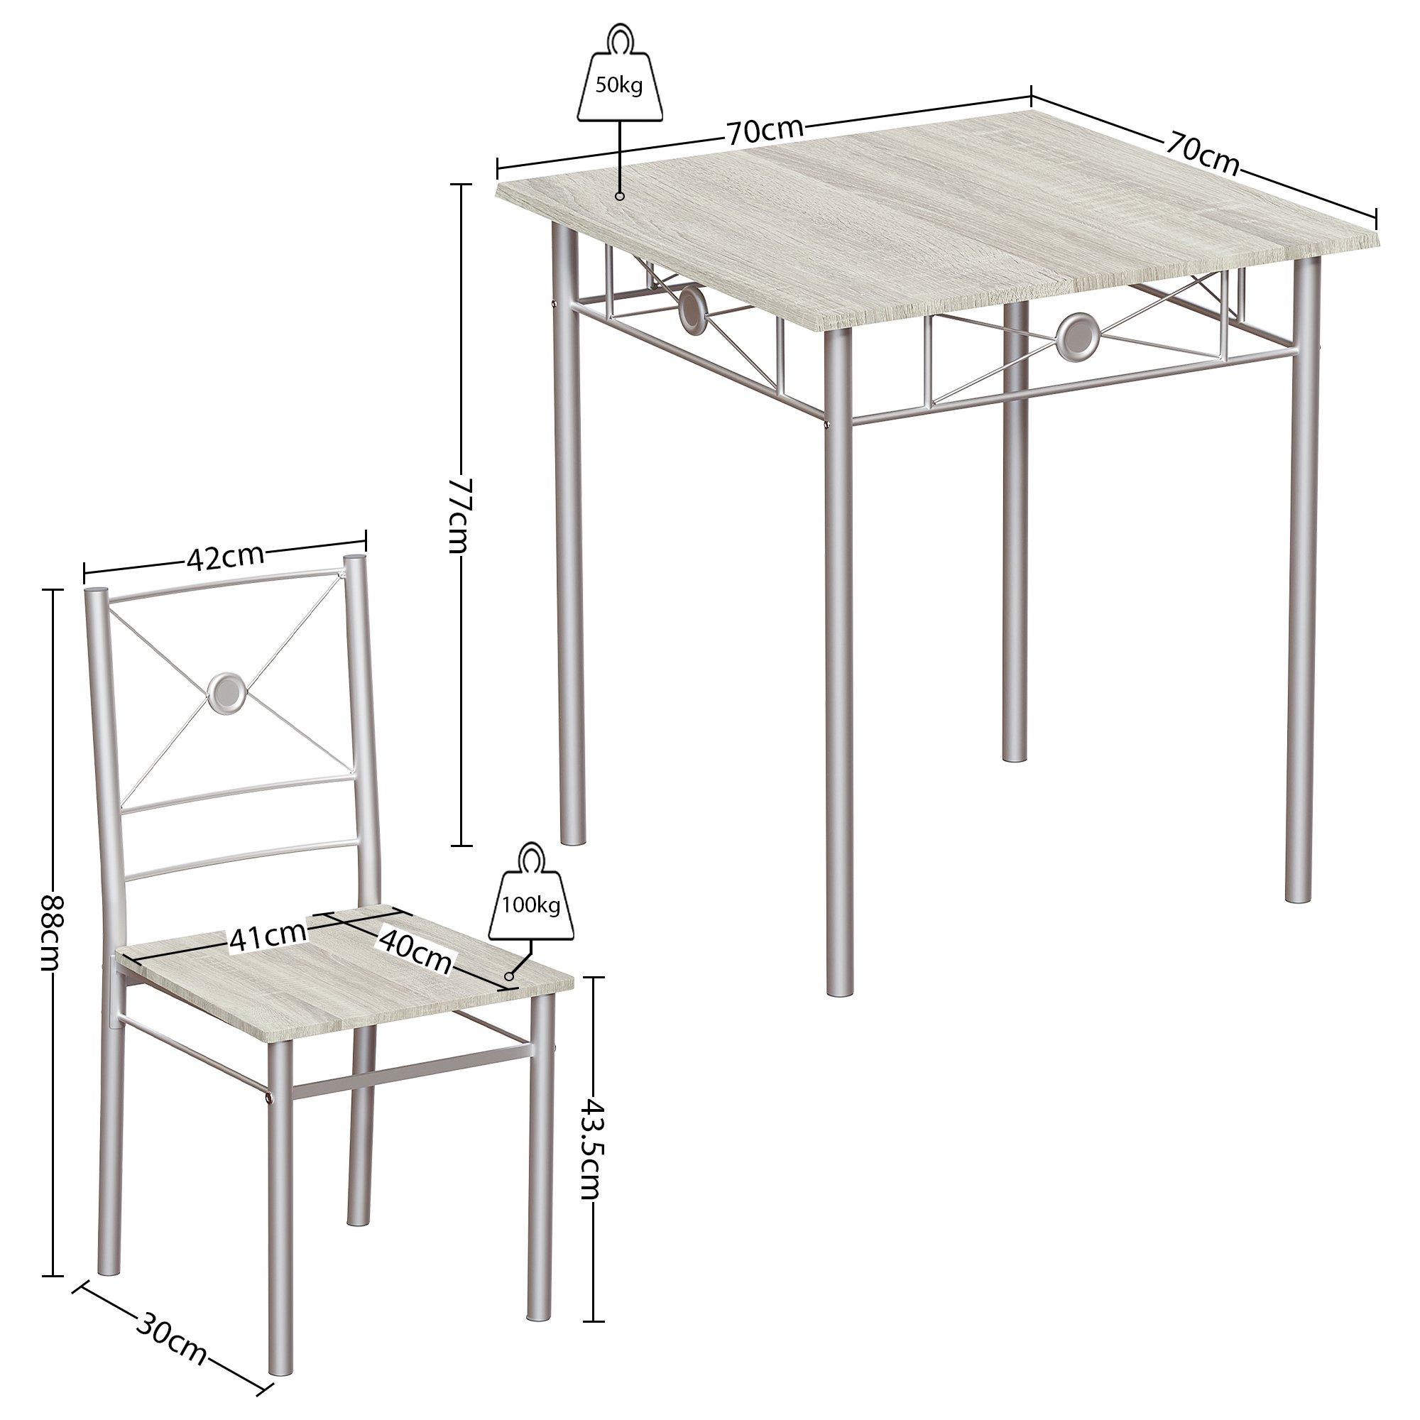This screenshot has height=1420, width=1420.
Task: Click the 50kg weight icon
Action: click(x=619, y=80)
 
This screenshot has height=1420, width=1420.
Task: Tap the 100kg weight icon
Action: click(x=530, y=897)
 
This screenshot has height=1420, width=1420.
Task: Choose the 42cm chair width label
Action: click(x=224, y=557)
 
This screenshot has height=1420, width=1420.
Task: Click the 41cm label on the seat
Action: click(x=267, y=936)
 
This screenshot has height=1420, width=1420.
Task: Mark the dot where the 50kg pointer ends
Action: click(x=620, y=195)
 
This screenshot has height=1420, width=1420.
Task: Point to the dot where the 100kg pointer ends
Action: click(x=508, y=976)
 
